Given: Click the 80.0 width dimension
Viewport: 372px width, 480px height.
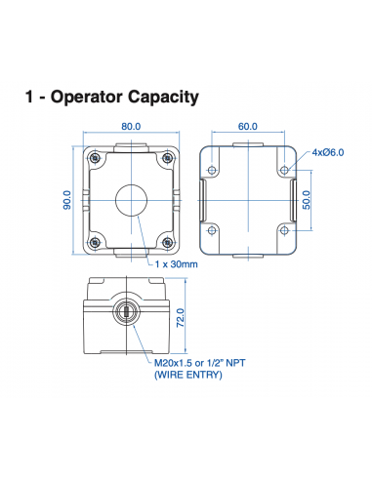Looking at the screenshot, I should coord(131,126).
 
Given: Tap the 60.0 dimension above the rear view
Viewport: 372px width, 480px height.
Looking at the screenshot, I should coord(248,126).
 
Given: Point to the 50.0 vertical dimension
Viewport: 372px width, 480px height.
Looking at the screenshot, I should coord(306,200).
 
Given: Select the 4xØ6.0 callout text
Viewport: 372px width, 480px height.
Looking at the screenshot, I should coord(329,152).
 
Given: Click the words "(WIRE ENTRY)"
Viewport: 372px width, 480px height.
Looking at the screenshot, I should coord(188,375).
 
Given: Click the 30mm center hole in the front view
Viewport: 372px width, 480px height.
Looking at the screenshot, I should coord(131,199).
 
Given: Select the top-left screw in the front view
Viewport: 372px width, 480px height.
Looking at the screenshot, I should coord(95,159).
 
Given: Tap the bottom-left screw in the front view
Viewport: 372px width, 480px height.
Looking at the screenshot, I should coord(95,240).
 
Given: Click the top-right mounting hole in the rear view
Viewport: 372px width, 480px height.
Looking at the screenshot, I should coord(283,170).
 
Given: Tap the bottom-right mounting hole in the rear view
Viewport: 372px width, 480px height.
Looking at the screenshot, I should coord(283,230).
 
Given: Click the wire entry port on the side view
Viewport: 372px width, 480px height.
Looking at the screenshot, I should coord(126,312).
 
